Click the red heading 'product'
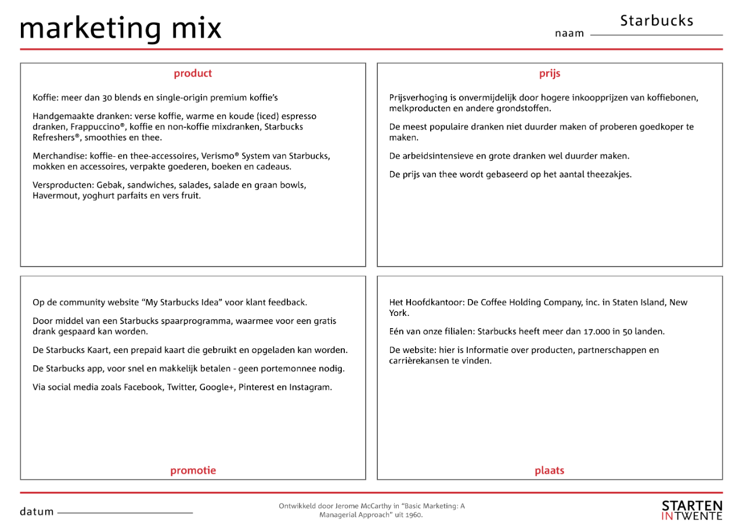(193, 74)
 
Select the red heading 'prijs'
(550, 74)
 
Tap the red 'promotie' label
(193, 470)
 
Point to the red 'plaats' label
(549, 470)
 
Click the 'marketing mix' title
(121, 28)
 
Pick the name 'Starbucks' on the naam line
(657, 21)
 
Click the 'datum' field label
(37, 512)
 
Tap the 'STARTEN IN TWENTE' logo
(692, 510)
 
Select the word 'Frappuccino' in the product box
(102, 127)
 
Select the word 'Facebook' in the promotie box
(143, 387)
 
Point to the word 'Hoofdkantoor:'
(434, 303)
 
